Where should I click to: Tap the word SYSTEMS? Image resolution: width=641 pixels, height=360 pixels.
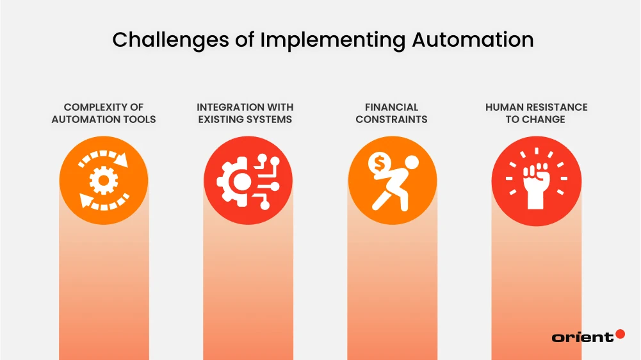[x=269, y=119]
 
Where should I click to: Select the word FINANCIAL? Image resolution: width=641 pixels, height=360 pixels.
[x=391, y=107]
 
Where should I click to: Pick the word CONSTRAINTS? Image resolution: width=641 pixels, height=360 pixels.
[x=391, y=119]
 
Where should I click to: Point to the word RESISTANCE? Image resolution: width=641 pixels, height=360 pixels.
[x=557, y=107]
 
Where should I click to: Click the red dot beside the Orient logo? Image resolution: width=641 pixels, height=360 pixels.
[x=619, y=334]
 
